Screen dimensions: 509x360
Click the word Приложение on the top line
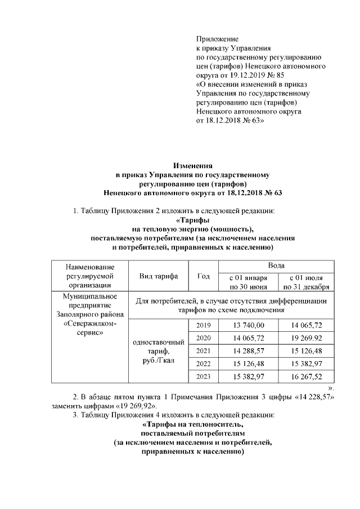coord(217,39)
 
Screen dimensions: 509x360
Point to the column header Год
coord(204,276)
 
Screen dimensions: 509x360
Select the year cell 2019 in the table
coord(204,326)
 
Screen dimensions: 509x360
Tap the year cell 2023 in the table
coord(204,376)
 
